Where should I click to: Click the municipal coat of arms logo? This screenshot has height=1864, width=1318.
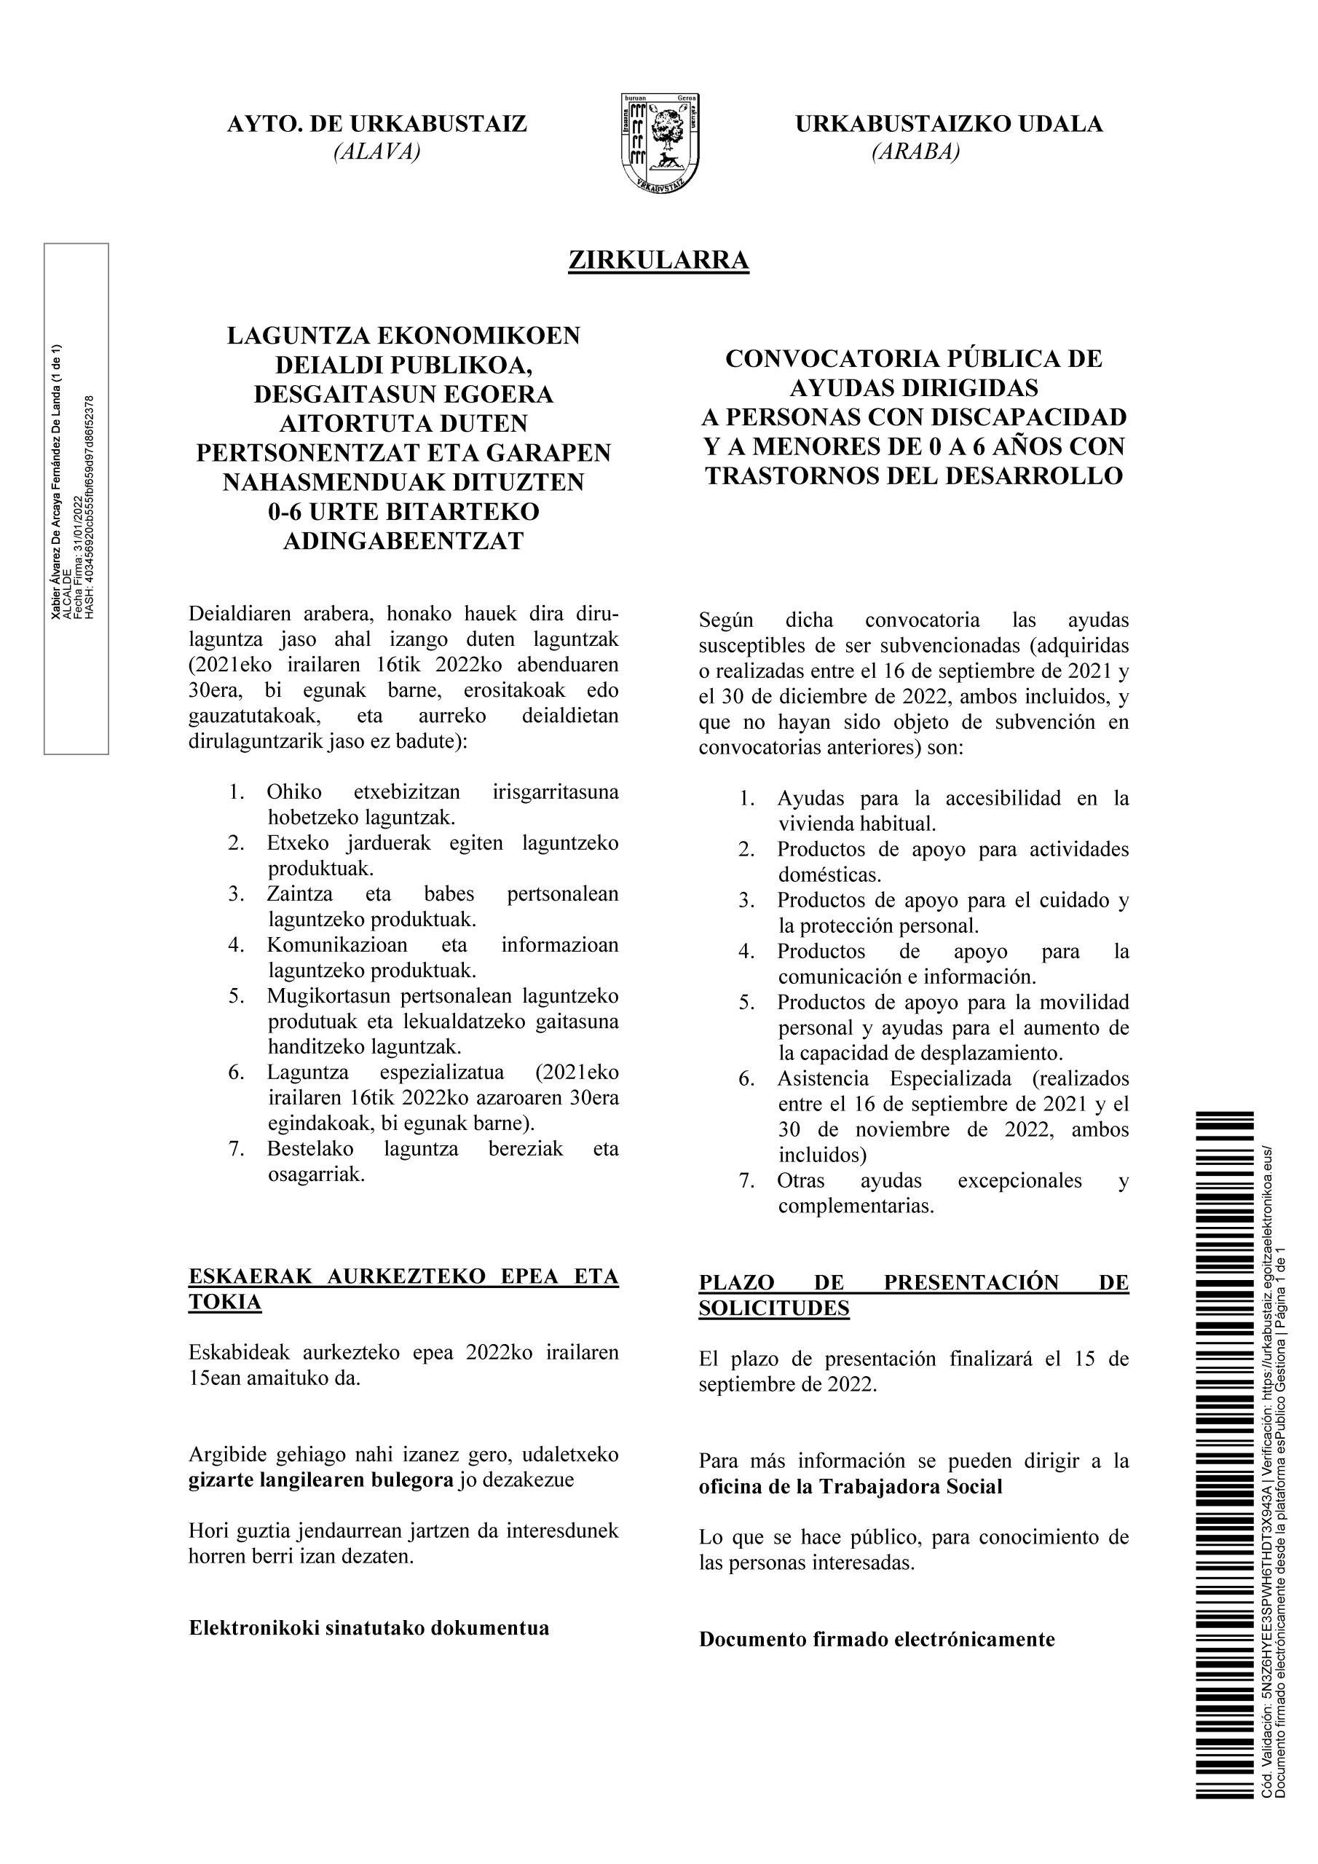[660, 143]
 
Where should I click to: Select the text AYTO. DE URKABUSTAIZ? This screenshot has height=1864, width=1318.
[376, 125]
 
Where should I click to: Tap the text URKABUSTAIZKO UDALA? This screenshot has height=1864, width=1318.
[949, 125]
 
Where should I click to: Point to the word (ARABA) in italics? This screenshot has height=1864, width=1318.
[915, 152]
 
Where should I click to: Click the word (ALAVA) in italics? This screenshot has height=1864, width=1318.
[376, 152]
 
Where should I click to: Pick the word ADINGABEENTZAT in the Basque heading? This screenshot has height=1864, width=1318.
[403, 541]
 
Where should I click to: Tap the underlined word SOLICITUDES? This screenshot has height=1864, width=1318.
[774, 1308]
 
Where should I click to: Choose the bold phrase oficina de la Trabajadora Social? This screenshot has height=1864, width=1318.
[851, 1487]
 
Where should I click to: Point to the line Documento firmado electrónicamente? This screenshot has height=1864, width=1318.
[876, 1639]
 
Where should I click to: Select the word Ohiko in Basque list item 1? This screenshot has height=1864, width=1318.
[294, 791]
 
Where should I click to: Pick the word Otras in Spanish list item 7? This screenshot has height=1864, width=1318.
[801, 1180]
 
